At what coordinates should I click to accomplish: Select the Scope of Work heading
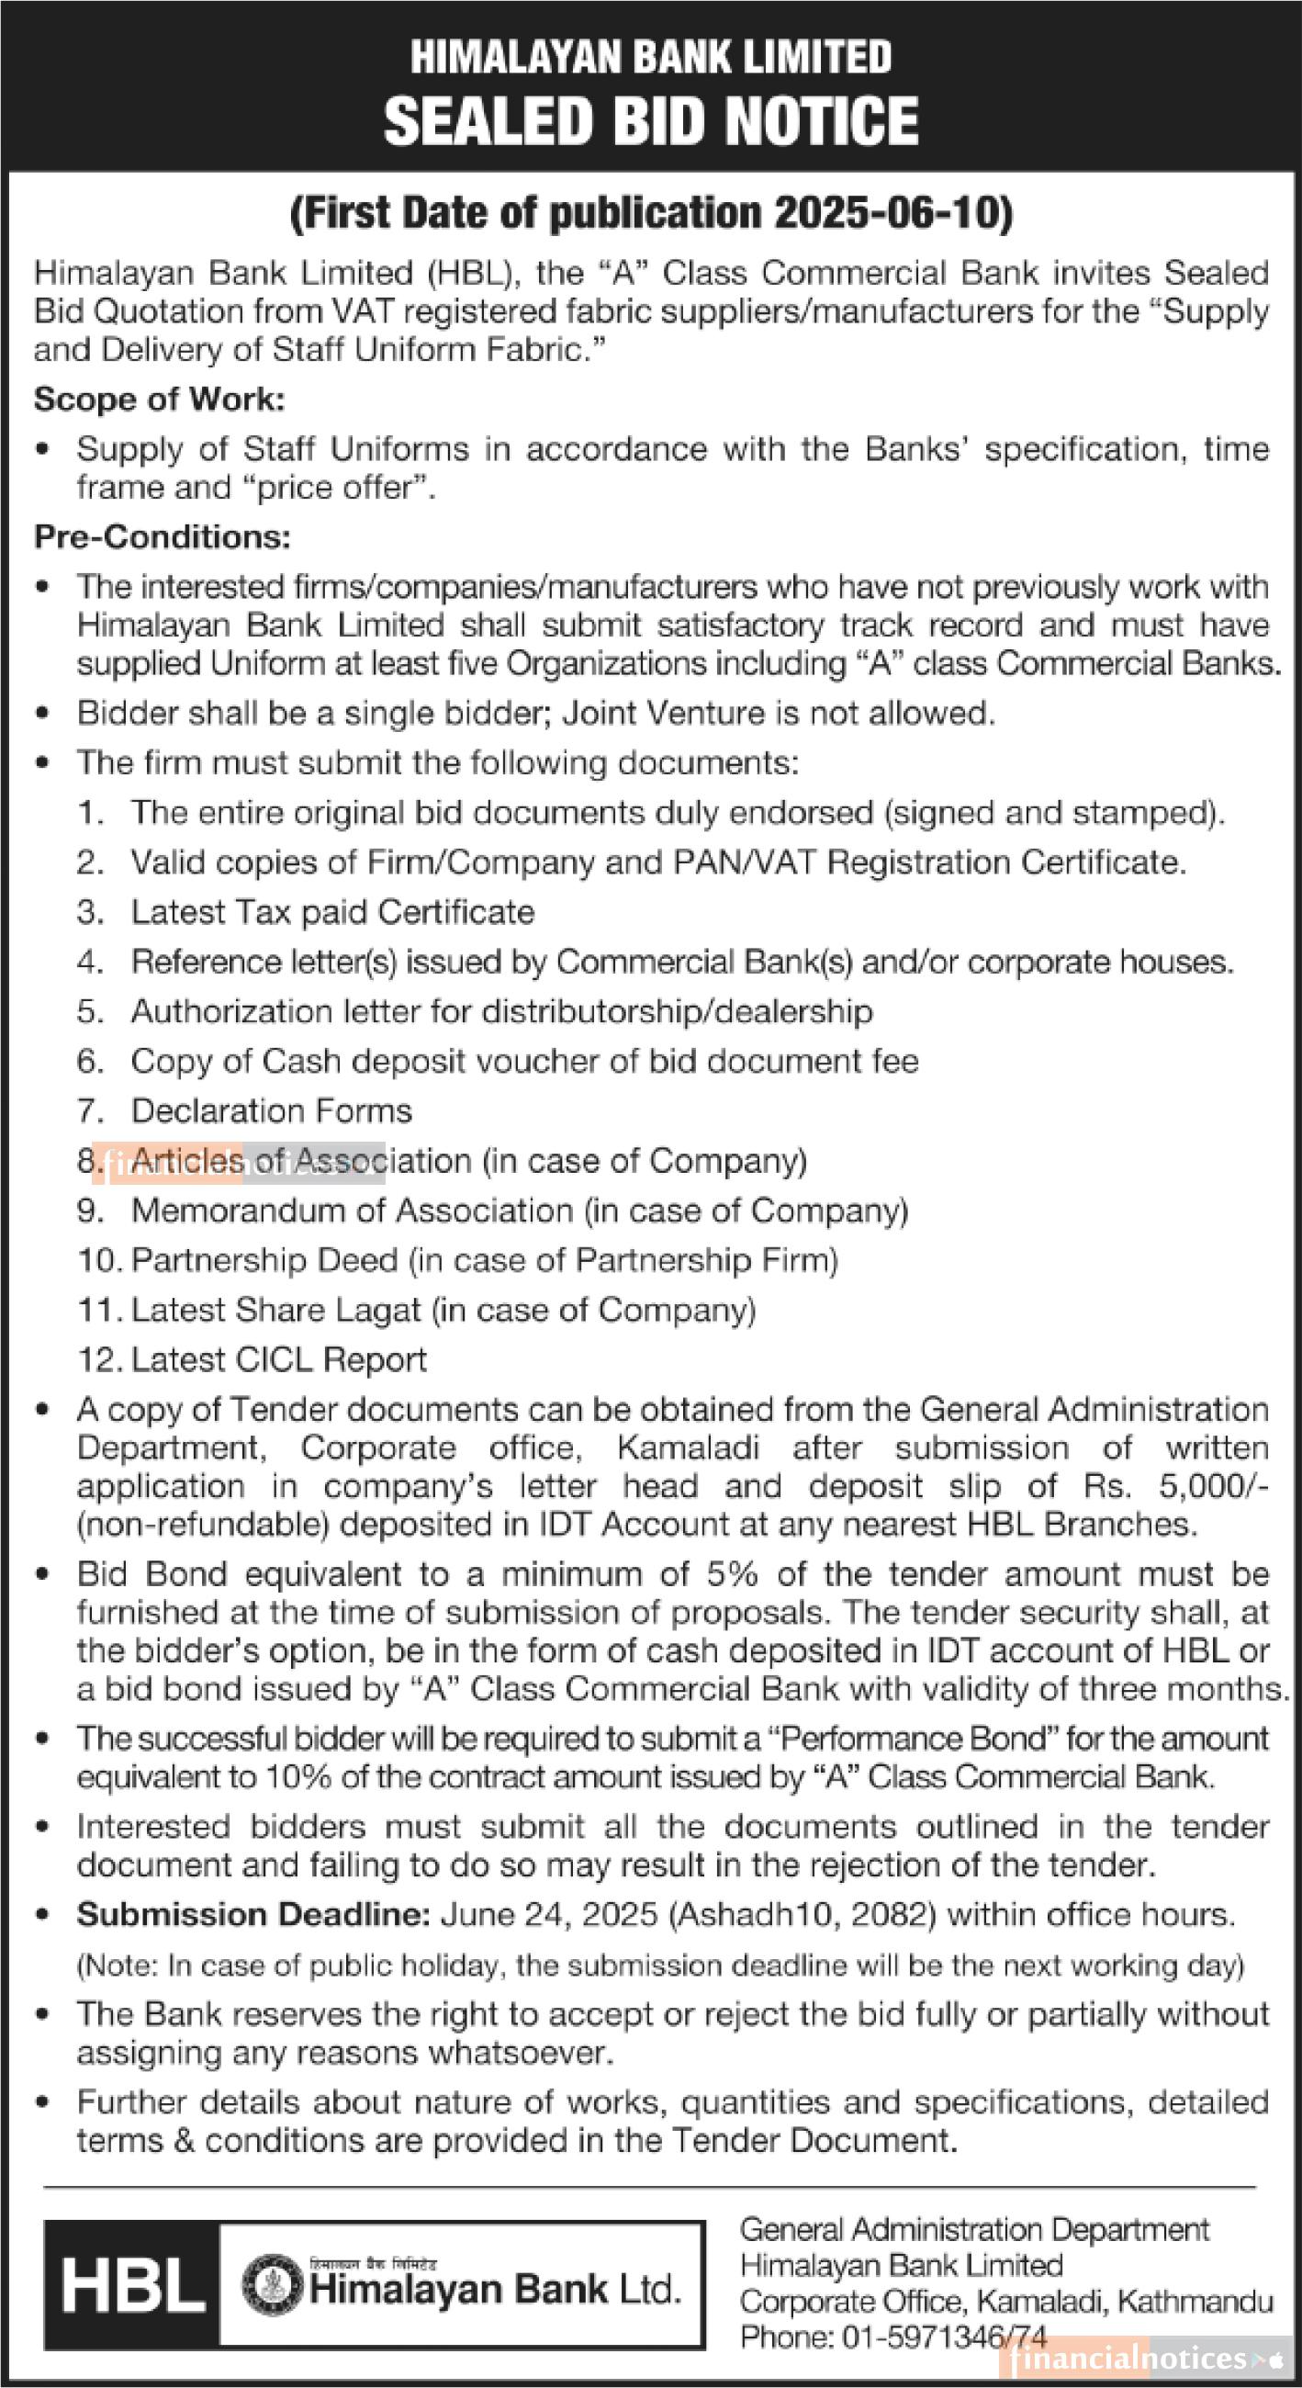[160, 400]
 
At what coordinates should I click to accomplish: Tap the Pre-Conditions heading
[163, 536]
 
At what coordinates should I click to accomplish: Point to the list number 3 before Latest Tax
[90, 912]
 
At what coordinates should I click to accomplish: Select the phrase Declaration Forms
[272, 1110]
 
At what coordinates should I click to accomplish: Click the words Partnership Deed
[264, 1260]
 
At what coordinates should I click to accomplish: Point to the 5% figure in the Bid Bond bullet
[732, 1574]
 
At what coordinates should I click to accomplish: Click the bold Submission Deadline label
[253, 1914]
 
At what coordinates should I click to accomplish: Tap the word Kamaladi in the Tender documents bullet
[688, 1448]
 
